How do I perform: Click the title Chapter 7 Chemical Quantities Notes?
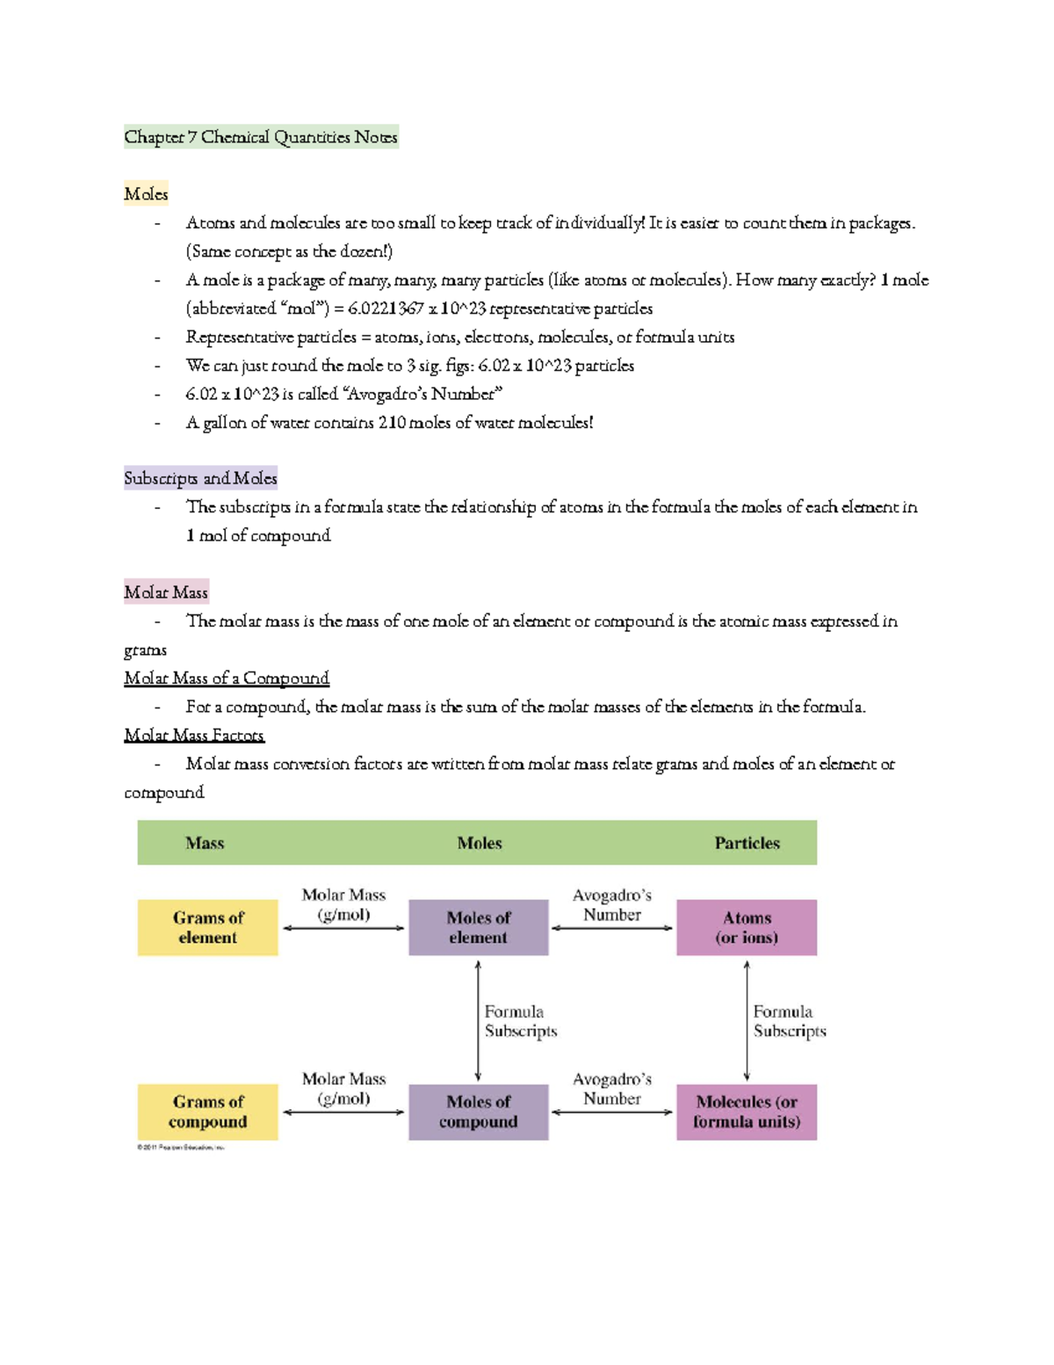point(261,137)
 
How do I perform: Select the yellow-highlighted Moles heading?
point(146,194)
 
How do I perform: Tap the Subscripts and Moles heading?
point(200,478)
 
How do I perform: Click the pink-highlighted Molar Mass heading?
point(166,592)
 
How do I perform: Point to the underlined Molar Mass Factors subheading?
point(194,736)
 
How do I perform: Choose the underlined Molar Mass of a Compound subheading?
point(227,679)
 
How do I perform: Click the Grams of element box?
point(208,927)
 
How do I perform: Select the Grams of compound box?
point(208,1112)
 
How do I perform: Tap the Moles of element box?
point(479,927)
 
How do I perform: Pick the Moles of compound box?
point(479,1112)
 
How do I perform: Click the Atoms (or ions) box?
point(747,927)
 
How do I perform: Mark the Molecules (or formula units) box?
point(747,1112)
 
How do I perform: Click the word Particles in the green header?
point(747,843)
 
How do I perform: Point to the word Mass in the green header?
point(205,843)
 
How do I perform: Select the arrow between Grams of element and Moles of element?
point(343,928)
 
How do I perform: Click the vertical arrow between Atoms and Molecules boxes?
point(747,1020)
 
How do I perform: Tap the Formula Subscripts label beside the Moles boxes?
point(520,1021)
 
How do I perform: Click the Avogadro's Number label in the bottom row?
point(612,1089)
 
